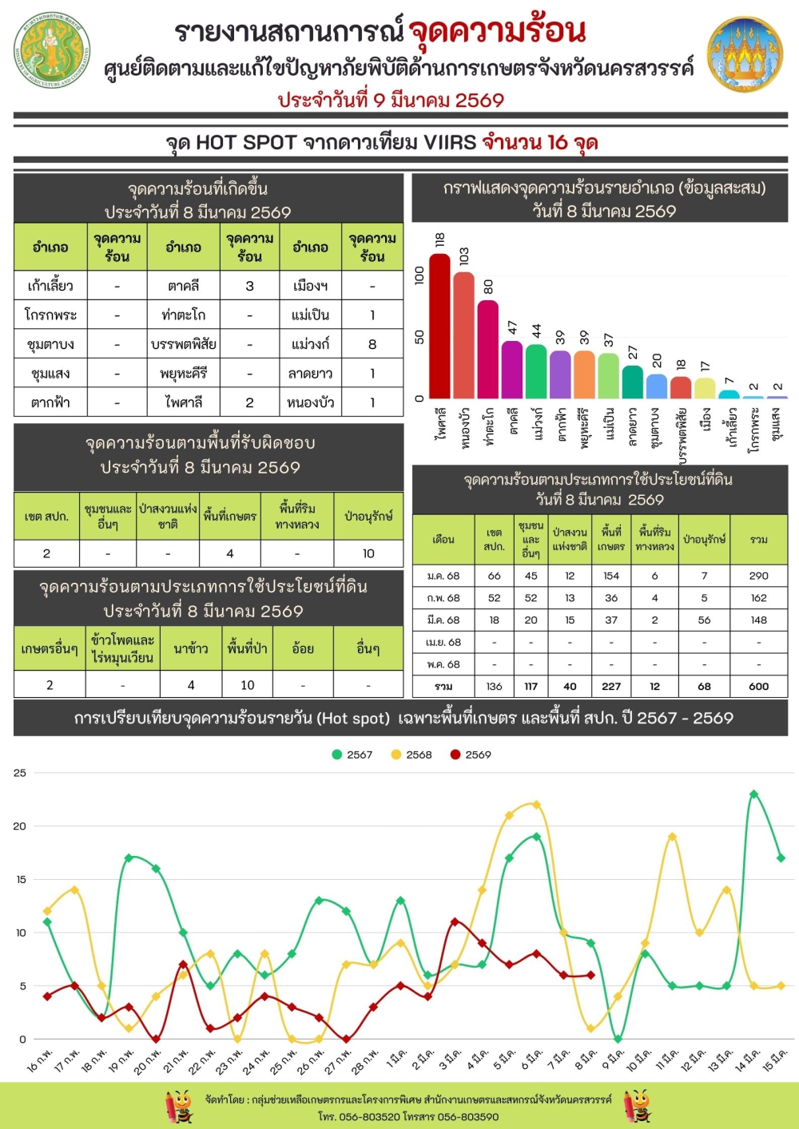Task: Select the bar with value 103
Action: pyautogui.click(x=463, y=335)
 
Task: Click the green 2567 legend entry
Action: pyautogui.click(x=352, y=755)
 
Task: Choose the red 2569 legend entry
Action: pyautogui.click(x=471, y=755)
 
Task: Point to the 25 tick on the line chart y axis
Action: pyautogui.click(x=19, y=773)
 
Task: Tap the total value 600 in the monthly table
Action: pyautogui.click(x=758, y=686)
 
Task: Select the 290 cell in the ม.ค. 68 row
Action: pyautogui.click(x=758, y=576)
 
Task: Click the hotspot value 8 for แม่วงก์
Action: pyautogui.click(x=372, y=344)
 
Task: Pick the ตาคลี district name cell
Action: pyautogui.click(x=184, y=286)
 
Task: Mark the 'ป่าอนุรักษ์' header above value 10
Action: pyautogui.click(x=368, y=517)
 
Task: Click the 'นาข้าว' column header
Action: pyautogui.click(x=191, y=649)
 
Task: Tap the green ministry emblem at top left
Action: pyautogui.click(x=53, y=50)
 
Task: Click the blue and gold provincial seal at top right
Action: pyautogui.click(x=745, y=54)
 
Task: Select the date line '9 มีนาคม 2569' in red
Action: pyautogui.click(x=391, y=101)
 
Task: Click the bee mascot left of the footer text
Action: pyautogui.click(x=180, y=1107)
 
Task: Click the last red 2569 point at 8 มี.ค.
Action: pyautogui.click(x=590, y=975)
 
